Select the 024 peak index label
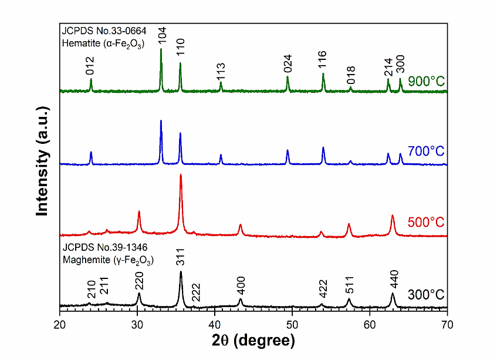tap(288, 65)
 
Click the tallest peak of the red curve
tap(180, 176)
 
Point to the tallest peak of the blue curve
tap(161, 121)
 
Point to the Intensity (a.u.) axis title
tap(42, 164)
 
